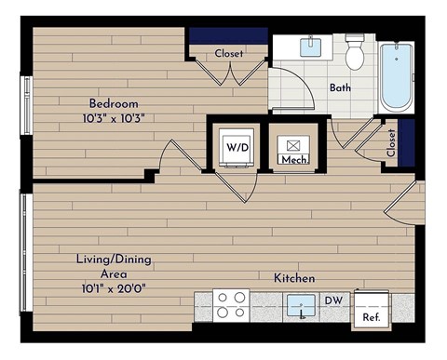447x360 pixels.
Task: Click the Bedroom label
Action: tap(115, 102)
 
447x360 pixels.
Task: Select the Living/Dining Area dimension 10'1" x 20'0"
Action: tap(114, 288)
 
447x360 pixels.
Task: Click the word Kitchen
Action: tap(293, 278)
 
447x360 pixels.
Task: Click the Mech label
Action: tap(293, 159)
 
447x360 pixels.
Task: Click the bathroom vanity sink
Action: tap(310, 46)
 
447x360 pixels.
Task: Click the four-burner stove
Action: tap(231, 306)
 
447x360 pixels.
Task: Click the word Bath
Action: tap(340, 88)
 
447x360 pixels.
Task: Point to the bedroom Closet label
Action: tap(229, 54)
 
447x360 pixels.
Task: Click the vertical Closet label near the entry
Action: tap(390, 142)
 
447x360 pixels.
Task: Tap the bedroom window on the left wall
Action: tap(27, 101)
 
